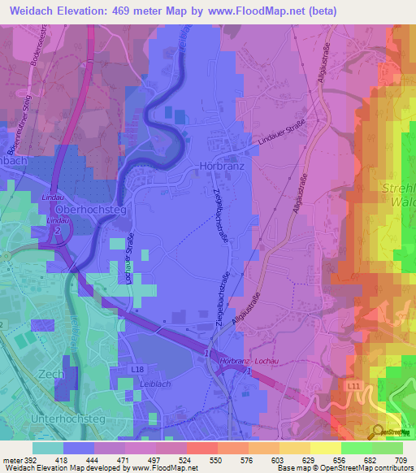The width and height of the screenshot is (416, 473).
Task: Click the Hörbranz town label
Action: (x=218, y=166)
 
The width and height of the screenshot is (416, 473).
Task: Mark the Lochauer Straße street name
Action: (x=128, y=259)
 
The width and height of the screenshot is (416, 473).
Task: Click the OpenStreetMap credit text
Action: (x=355, y=468)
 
